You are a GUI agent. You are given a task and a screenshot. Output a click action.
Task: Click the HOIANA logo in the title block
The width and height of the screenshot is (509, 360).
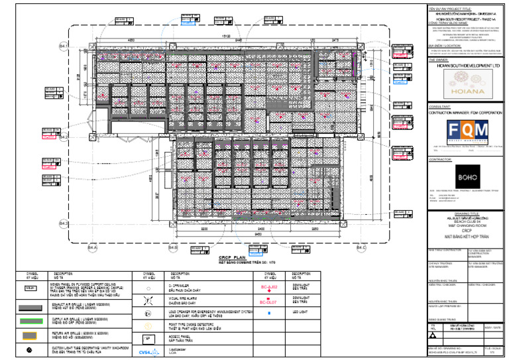pyautogui.click(x=465, y=87)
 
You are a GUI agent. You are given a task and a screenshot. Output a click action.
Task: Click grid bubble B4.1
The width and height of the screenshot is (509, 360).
pyautogui.click(x=64, y=46)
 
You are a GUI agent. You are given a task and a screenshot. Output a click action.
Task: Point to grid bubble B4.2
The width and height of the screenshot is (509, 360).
pyautogui.click(x=64, y=137)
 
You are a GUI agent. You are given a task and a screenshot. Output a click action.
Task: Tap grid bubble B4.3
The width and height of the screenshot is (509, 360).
pyautogui.click(x=64, y=223)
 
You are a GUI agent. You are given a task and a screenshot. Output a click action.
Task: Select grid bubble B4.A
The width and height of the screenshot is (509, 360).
pyautogui.click(x=92, y=248)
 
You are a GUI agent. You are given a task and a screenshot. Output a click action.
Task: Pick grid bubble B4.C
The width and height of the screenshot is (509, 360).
pyautogui.click(x=361, y=248)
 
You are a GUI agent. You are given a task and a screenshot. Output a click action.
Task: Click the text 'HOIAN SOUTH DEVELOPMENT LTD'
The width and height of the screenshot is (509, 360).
pyautogui.click(x=465, y=66)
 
